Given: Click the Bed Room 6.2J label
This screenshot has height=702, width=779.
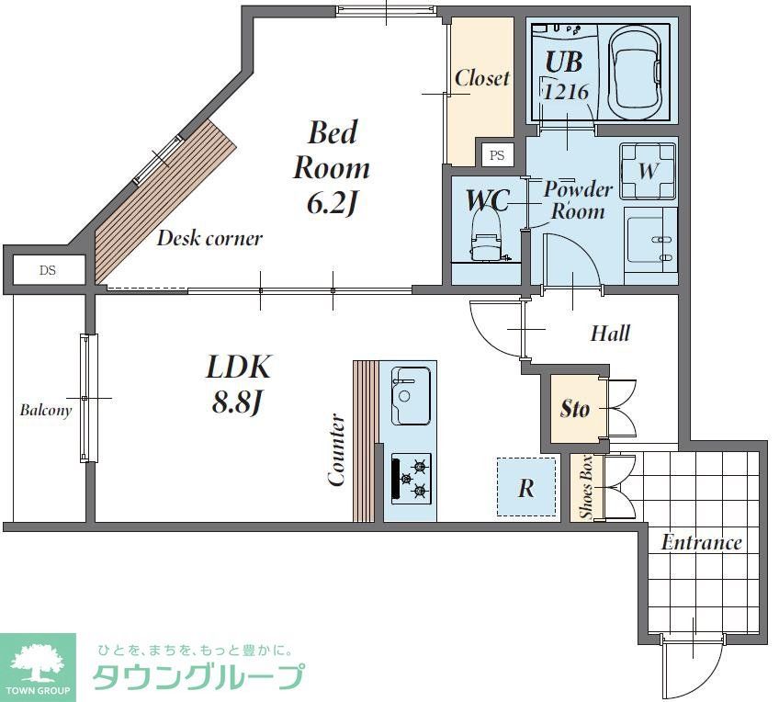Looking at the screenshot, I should pos(331,167).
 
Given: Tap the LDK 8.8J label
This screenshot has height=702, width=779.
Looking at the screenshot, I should pos(238,383).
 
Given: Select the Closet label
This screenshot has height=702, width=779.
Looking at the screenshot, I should pos(481,78).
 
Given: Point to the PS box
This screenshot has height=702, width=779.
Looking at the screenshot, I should pos(497,155).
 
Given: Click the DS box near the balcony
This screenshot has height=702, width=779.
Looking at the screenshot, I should pos(47,270).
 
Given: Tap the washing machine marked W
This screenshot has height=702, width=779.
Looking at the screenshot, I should pos(648,171).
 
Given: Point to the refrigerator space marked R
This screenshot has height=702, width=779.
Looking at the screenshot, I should pos(526,488).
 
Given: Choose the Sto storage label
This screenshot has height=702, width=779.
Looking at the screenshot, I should pos(575,408).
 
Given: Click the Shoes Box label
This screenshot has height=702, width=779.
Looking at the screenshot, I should pos(586,488).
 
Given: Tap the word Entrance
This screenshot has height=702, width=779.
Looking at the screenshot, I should pos(701,542).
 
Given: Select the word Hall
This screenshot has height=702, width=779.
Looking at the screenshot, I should pos(610,333).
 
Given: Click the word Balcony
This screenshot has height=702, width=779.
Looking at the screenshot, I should pos(46,411).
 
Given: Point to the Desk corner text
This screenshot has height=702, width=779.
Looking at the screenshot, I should pos(209,239).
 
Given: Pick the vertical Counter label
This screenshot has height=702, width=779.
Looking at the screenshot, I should pos(336,449).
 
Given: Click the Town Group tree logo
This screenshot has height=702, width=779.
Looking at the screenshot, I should pos(38,661).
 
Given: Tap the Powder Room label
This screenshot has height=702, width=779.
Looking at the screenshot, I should pos(578,200).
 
